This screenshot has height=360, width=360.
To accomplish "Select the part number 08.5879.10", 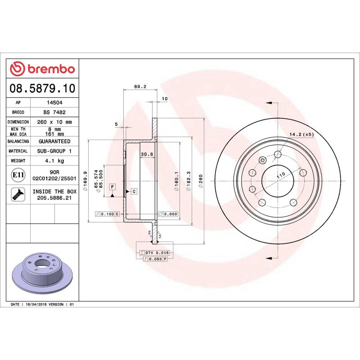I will (42, 87).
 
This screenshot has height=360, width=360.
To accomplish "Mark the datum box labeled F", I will (112, 186).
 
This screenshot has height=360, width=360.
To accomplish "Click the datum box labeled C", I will (134, 192).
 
